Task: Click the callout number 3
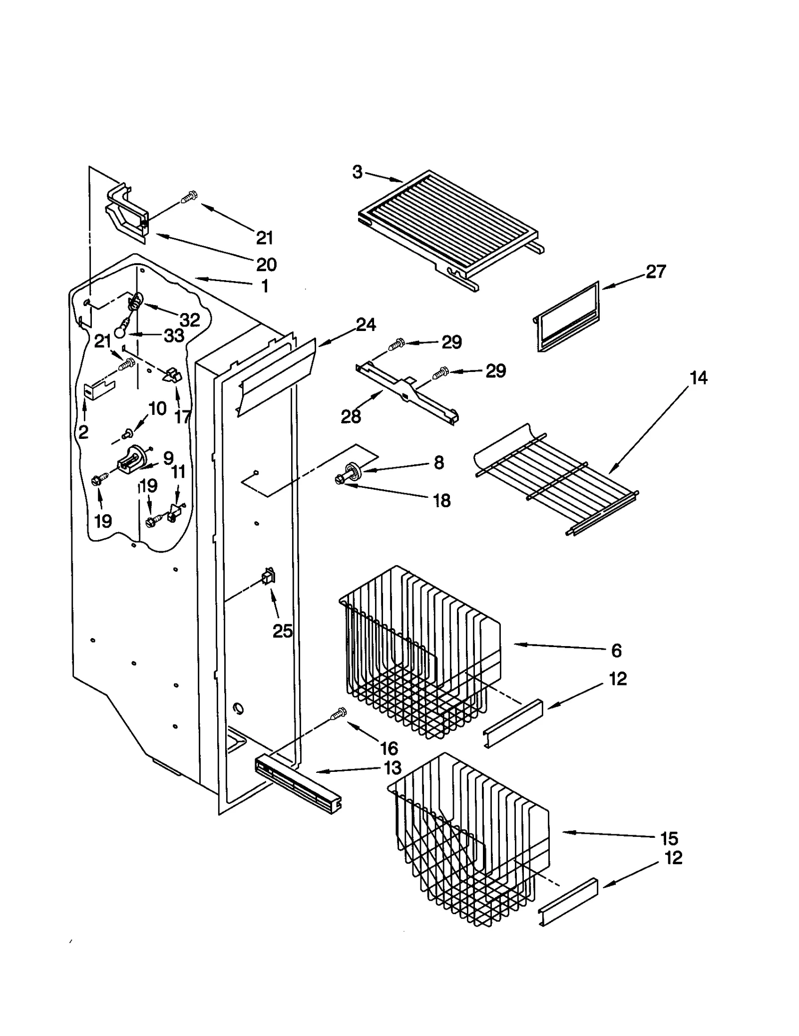click(357, 172)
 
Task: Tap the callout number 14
click(698, 378)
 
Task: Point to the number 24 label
click(366, 325)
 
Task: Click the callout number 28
click(351, 416)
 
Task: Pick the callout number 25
click(282, 631)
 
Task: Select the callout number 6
click(616, 650)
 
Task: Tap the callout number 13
click(393, 767)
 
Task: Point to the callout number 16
click(389, 748)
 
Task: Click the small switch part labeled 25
click(268, 577)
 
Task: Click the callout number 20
click(266, 264)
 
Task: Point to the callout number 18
click(441, 500)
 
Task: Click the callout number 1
click(265, 286)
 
